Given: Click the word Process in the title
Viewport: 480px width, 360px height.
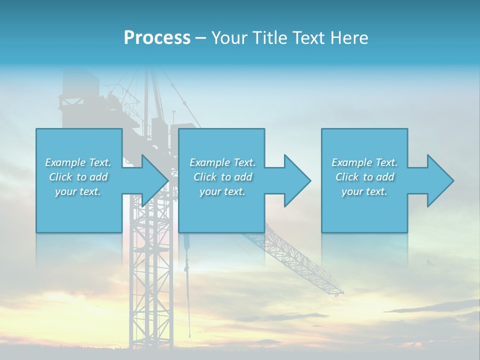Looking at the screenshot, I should pyautogui.click(x=157, y=38).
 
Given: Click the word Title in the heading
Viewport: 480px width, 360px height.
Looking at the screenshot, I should pyautogui.click(x=270, y=38).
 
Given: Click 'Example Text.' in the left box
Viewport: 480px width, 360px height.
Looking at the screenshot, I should pyautogui.click(x=78, y=162).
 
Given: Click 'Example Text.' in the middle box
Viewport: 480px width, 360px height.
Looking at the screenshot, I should pyautogui.click(x=222, y=162).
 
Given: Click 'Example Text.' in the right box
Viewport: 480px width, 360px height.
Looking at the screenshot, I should pyautogui.click(x=364, y=162).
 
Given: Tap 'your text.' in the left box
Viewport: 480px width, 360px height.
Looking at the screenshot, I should pyautogui.click(x=78, y=191).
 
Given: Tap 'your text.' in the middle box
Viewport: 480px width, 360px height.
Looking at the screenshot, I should pyautogui.click(x=222, y=191).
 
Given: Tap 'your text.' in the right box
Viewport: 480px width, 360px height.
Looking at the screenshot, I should pyautogui.click(x=364, y=191).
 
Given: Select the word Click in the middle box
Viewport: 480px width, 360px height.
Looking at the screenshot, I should pyautogui.click(x=205, y=177).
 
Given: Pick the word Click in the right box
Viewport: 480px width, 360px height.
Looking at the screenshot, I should pyautogui.click(x=347, y=177).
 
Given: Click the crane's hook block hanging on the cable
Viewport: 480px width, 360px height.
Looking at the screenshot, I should pyautogui.click(x=187, y=244).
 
